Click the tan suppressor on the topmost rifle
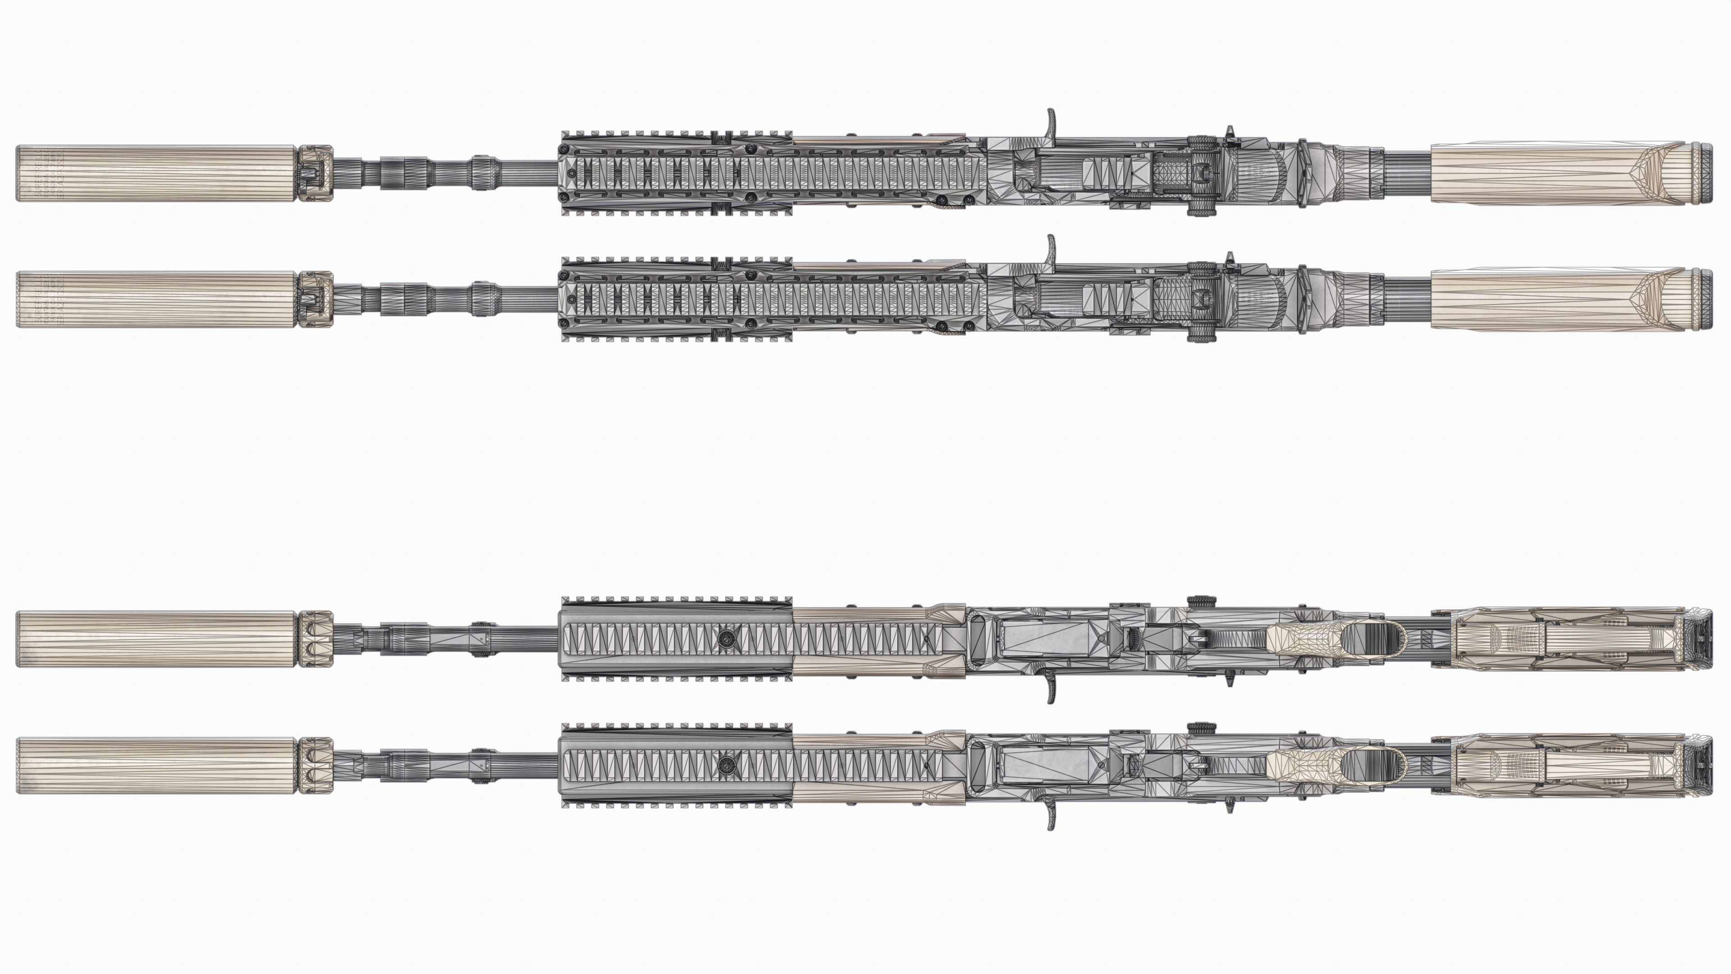(x=156, y=174)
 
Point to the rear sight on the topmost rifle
(x=1200, y=174)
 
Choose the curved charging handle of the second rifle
(x=1051, y=252)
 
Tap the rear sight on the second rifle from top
(x=1200, y=300)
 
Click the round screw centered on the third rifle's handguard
(x=725, y=638)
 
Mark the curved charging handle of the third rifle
(x=1051, y=687)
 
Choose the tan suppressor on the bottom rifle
(x=156, y=766)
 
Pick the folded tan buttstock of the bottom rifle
(x=1566, y=766)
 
